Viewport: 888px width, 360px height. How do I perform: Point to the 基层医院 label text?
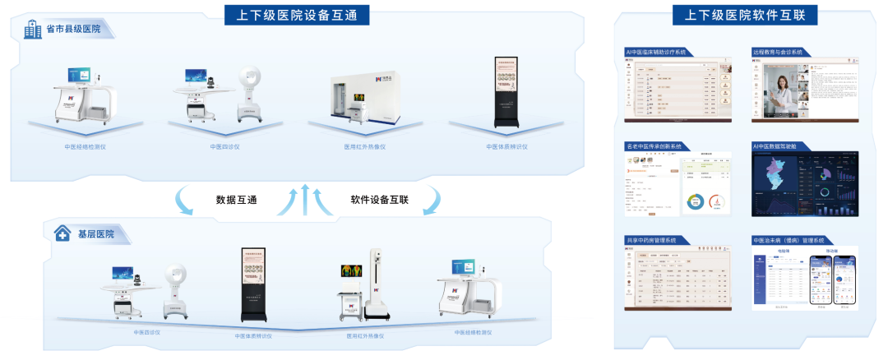click(x=96, y=234)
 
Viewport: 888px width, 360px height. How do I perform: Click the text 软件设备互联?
click(x=380, y=200)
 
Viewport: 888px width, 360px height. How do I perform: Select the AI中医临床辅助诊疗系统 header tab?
click(x=657, y=52)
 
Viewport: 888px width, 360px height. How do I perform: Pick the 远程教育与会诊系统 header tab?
click(x=777, y=52)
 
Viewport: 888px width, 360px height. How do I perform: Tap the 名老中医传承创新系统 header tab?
click(x=654, y=146)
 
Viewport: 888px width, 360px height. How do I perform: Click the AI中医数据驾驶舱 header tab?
click(x=775, y=146)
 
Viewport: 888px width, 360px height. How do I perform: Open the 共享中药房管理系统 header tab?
click(x=651, y=240)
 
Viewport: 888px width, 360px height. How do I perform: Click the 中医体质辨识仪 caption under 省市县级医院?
click(x=506, y=148)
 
